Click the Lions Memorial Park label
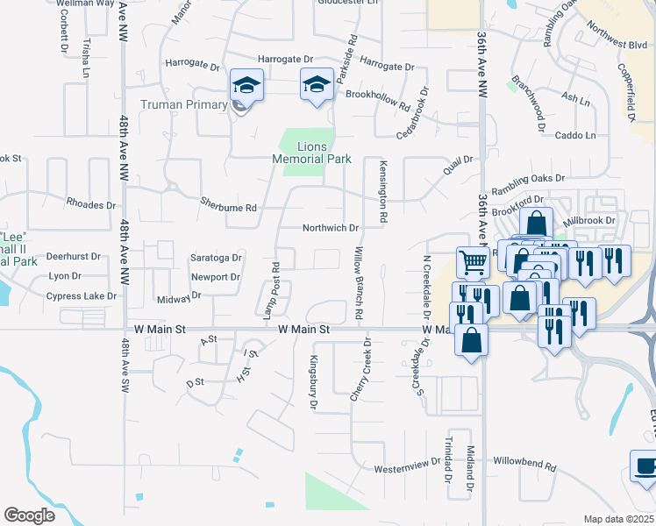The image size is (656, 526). [311, 153]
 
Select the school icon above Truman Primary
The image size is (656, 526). [246, 87]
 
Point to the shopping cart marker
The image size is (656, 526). [473, 261]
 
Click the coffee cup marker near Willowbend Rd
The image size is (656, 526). [645, 466]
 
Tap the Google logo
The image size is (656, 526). [29, 515]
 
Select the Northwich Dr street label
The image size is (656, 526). [331, 228]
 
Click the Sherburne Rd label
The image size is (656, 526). [228, 208]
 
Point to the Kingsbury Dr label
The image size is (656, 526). [312, 381]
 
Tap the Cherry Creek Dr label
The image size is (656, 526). [361, 369]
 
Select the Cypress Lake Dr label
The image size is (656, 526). [82, 296]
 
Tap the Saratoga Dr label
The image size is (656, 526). [215, 258]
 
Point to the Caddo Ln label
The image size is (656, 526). [575, 136]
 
